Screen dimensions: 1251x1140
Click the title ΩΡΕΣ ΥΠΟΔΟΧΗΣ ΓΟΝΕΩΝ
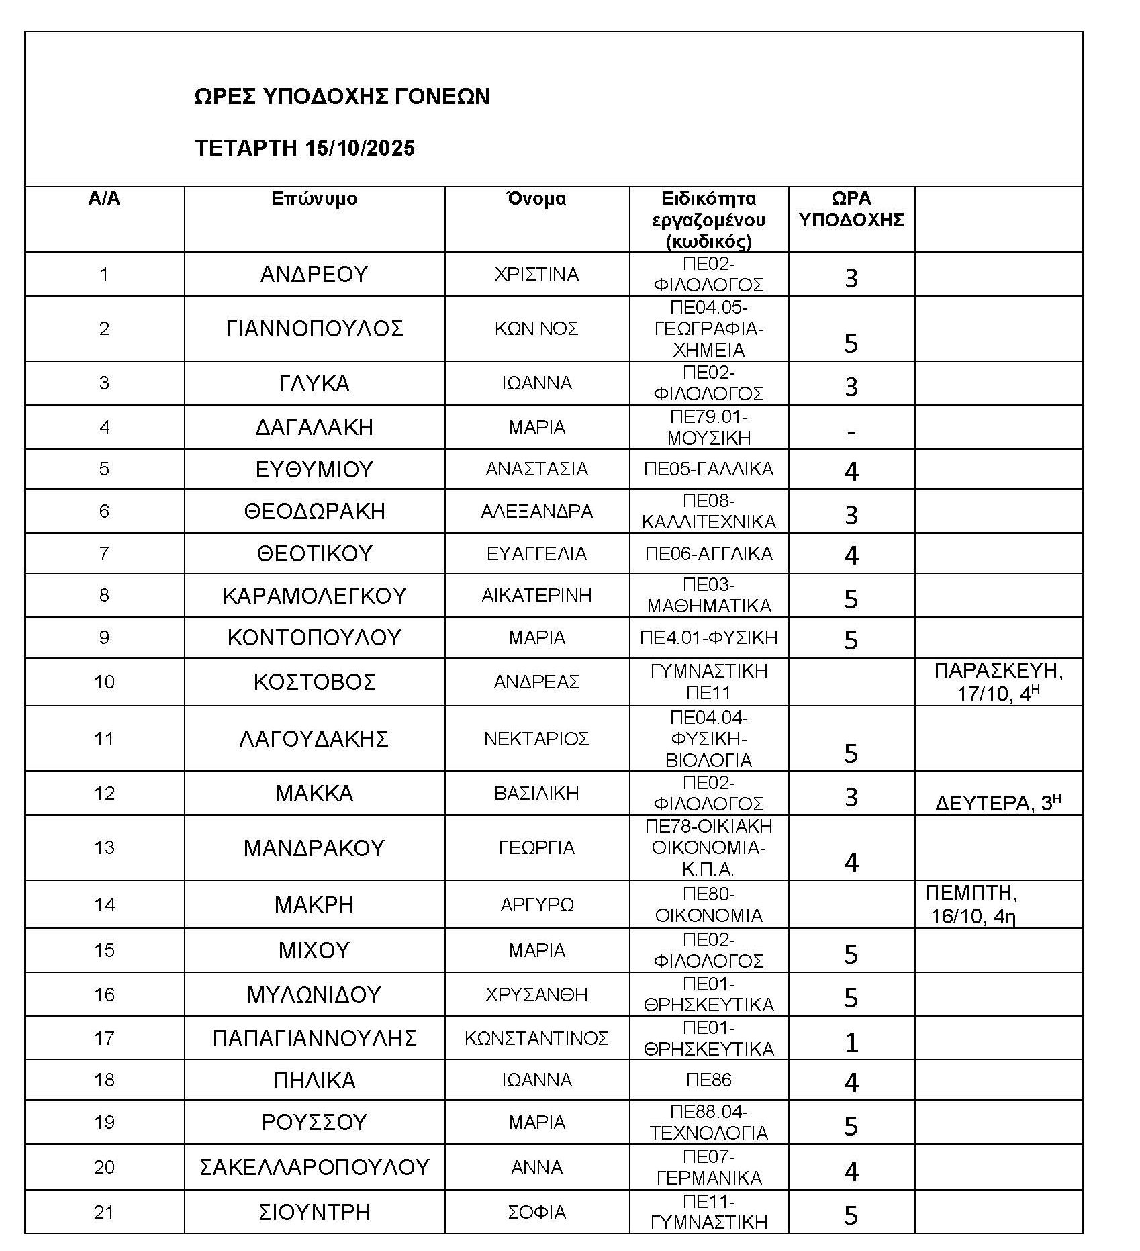pyautogui.click(x=342, y=97)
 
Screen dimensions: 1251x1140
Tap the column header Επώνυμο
pyautogui.click(x=314, y=199)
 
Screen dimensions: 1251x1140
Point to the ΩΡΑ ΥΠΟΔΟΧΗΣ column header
pyautogui.click(x=851, y=209)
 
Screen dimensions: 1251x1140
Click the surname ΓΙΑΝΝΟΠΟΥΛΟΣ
pyautogui.click(x=314, y=329)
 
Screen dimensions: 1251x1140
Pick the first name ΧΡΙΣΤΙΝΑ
pyautogui.click(x=536, y=275)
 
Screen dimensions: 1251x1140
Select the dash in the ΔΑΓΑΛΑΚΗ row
pyautogui.click(x=851, y=432)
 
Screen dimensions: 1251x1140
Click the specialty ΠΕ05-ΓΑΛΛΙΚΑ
pyautogui.click(x=708, y=469)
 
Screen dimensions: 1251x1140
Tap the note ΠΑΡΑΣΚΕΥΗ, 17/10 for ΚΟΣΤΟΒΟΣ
pyautogui.click(x=998, y=682)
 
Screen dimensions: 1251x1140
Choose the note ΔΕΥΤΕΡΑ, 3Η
pyautogui.click(x=998, y=803)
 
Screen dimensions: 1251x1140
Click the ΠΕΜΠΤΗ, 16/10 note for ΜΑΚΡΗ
pyautogui.click(x=973, y=905)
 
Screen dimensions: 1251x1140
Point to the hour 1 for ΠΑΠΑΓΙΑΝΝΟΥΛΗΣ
pyautogui.click(x=851, y=1042)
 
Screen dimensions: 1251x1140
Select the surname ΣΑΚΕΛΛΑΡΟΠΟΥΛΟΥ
pyautogui.click(x=314, y=1167)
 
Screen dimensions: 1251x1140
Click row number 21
pyautogui.click(x=104, y=1212)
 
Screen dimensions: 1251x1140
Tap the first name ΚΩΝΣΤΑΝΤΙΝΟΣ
pyautogui.click(x=536, y=1038)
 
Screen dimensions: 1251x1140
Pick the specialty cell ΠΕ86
pyautogui.click(x=708, y=1080)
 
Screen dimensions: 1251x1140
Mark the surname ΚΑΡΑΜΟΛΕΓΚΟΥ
pyautogui.click(x=314, y=596)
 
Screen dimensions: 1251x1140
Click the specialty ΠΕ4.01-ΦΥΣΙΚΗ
pyautogui.click(x=708, y=637)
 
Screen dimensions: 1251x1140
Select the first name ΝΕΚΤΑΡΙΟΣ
pyautogui.click(x=536, y=739)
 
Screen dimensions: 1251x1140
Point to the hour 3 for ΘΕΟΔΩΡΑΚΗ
pyautogui.click(x=851, y=515)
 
